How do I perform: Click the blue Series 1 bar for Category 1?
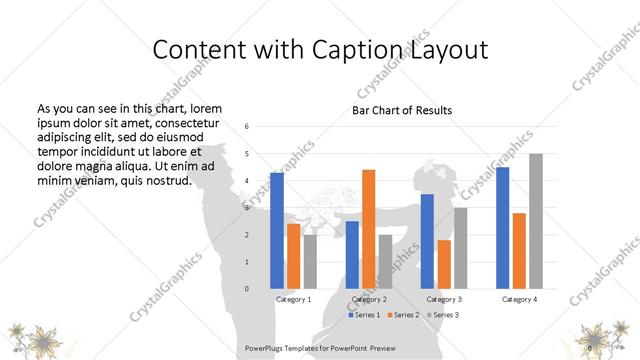277,231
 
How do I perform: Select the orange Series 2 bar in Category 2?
368,229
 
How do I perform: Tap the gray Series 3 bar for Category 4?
536,221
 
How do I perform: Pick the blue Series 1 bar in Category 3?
427,241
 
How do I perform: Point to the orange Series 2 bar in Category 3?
443,264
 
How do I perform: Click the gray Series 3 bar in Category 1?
310,262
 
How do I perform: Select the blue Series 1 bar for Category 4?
502,228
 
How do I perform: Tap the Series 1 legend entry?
364,315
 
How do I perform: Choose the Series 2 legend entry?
403,315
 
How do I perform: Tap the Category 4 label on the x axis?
519,299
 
